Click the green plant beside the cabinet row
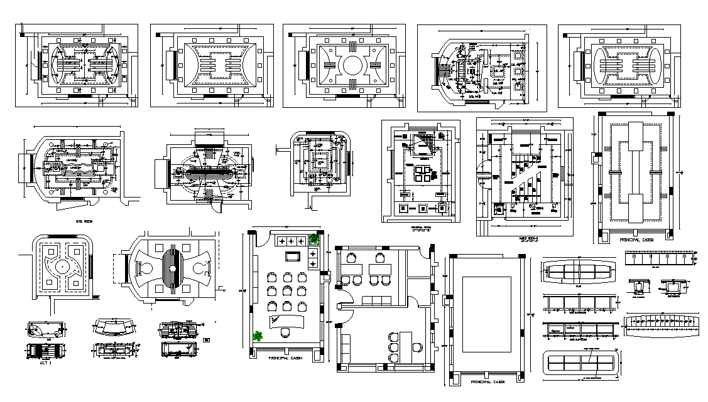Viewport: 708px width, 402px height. point(313,239)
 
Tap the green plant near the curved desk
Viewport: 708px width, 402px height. point(257,336)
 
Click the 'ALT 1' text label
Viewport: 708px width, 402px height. point(45,363)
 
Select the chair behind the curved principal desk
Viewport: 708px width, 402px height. point(285,331)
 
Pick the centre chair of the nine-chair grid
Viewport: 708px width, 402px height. point(286,291)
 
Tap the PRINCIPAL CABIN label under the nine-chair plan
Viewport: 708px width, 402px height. point(286,357)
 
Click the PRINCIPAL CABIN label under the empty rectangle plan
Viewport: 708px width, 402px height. point(485,381)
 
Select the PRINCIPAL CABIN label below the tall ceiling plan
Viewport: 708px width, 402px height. point(636,240)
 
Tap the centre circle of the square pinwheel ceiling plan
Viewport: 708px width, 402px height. point(62,267)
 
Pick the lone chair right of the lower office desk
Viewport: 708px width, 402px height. point(416,346)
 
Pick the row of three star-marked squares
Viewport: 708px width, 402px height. point(290,240)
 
